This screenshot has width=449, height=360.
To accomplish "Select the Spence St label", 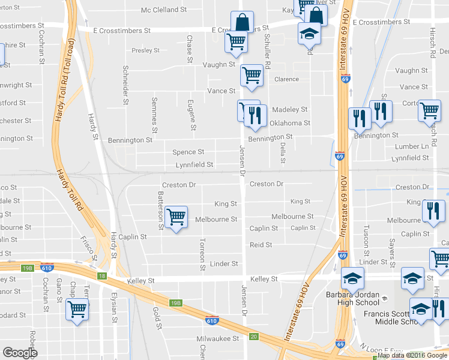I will [188, 152].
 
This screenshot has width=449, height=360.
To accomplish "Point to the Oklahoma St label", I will [289, 124].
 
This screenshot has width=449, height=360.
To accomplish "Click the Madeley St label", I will [289, 110].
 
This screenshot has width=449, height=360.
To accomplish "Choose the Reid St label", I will [261, 245].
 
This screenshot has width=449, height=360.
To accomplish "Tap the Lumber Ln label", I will [416, 146].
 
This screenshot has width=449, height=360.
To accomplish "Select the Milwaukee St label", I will [218, 338].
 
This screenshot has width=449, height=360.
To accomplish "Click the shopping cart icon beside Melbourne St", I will [176, 217].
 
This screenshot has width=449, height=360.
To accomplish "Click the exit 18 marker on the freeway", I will [103, 275].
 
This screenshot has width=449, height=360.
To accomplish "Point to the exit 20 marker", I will [254, 337].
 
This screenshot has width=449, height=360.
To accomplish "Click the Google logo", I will [20, 353].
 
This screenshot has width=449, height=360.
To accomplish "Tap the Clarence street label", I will [286, 79].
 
